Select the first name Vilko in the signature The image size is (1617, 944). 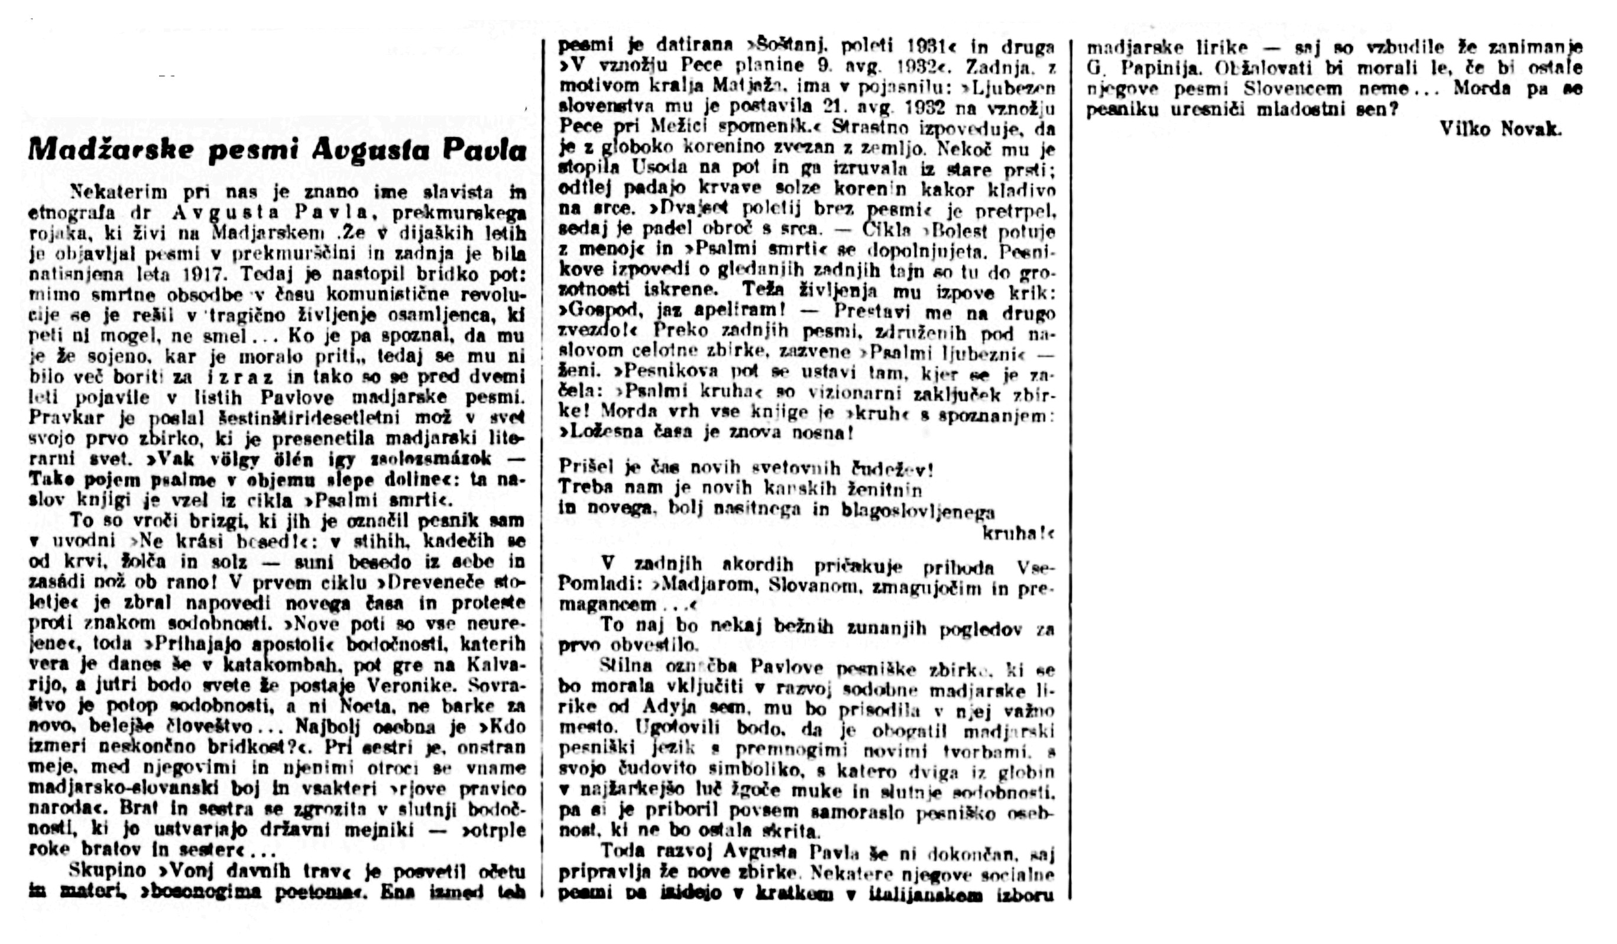pyautogui.click(x=1466, y=129)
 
